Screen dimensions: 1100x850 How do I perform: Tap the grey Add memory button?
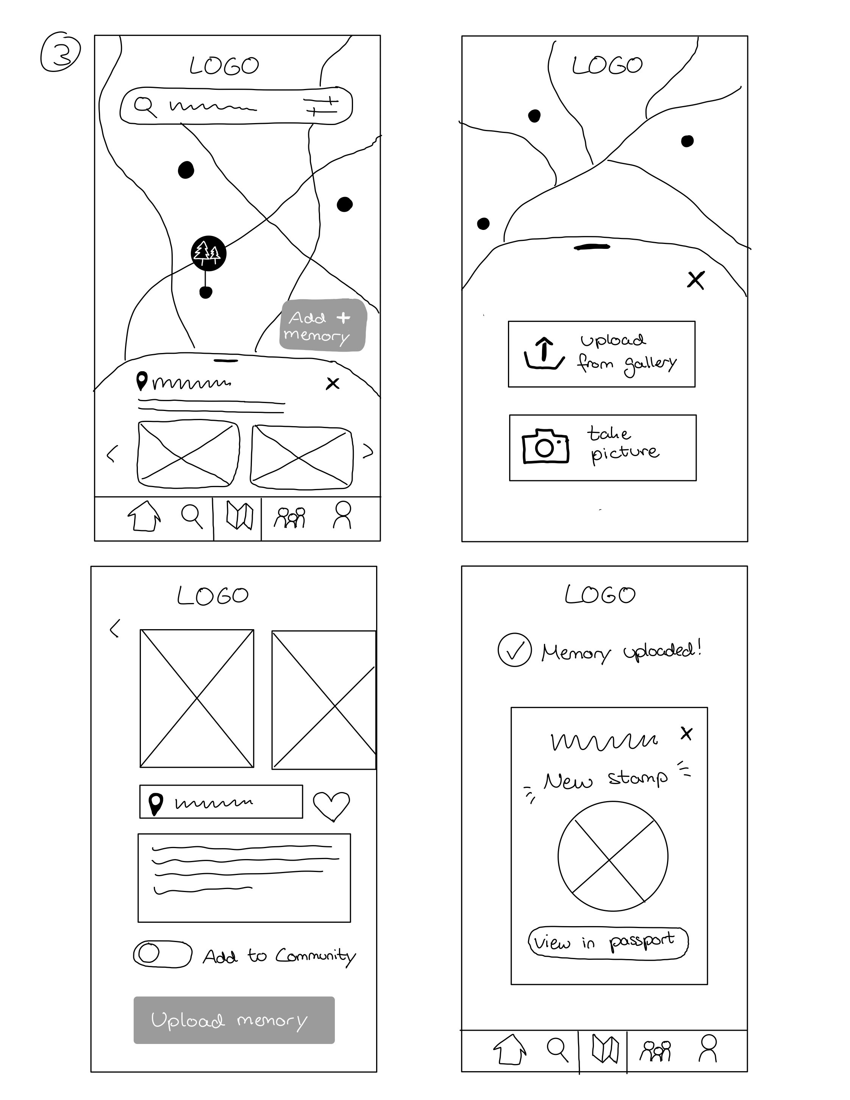[323, 325]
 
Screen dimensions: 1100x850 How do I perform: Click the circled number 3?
[61, 52]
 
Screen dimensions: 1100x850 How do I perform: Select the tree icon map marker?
[208, 253]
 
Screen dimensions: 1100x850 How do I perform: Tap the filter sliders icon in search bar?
[320, 105]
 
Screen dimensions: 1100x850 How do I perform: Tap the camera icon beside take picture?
[545, 446]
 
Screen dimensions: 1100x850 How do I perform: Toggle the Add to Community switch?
[162, 954]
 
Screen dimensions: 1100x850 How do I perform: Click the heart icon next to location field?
[331, 805]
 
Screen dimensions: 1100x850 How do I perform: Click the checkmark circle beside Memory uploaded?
[514, 650]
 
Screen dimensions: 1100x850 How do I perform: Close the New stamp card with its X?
[686, 733]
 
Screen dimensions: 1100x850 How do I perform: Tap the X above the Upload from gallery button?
[695, 280]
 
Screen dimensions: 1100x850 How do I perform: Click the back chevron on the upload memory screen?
[115, 628]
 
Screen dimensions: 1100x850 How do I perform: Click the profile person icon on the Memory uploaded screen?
[708, 1048]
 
